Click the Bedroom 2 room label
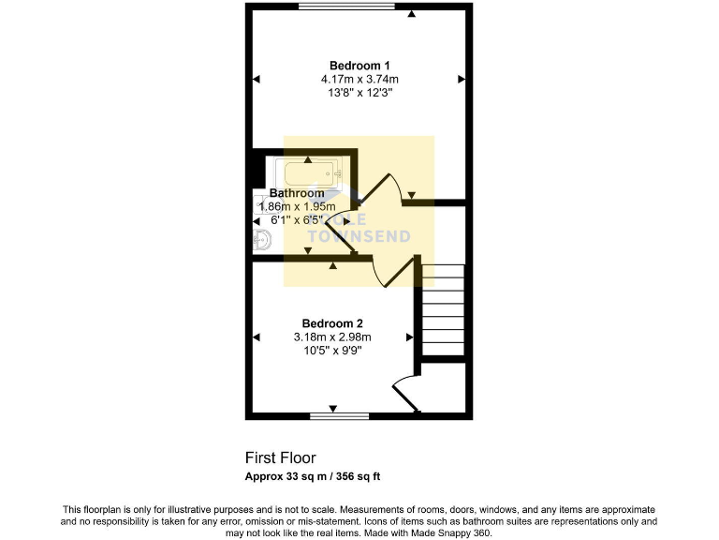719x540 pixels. tap(332, 323)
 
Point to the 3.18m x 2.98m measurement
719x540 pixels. tap(332, 337)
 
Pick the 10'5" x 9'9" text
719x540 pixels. tap(332, 351)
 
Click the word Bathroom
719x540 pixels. tap(297, 193)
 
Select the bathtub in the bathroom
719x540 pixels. tap(310, 172)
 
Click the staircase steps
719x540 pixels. tap(443, 309)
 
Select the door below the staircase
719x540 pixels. tap(406, 389)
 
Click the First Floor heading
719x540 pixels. tap(281, 458)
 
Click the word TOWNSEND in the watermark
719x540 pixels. tap(362, 236)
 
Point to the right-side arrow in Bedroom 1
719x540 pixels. tap(461, 80)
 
